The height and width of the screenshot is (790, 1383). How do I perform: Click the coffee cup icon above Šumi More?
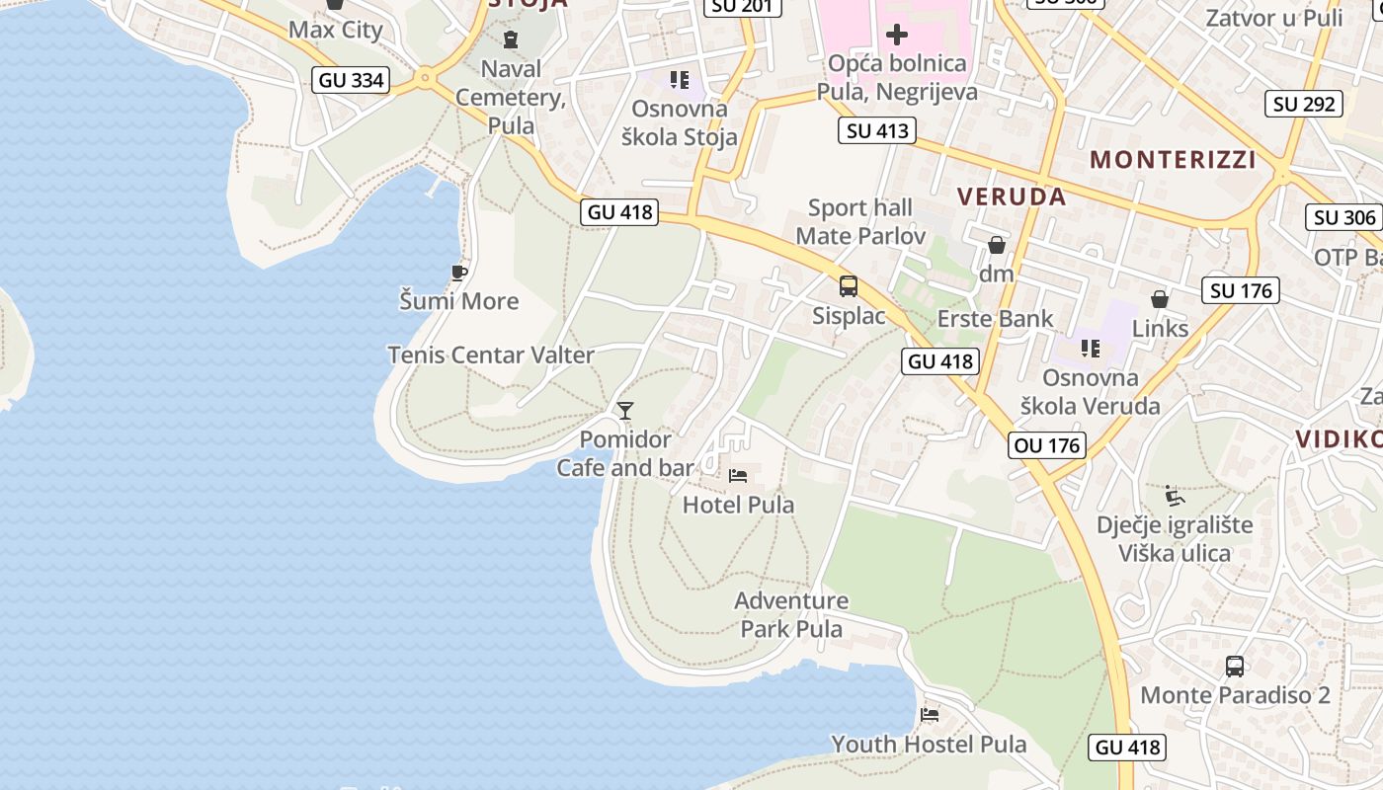458,272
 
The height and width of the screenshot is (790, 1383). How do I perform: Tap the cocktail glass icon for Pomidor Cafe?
624,410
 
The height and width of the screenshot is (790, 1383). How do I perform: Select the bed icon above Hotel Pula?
738,476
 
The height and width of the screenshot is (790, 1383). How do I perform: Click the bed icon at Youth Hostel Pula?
929,714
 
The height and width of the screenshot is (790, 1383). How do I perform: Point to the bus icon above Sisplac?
849,286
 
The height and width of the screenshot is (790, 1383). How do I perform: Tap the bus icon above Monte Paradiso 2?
1235,666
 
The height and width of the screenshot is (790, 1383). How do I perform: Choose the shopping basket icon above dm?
997,244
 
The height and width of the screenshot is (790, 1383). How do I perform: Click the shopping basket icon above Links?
1160,298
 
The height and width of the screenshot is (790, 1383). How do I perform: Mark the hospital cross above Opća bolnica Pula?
896,35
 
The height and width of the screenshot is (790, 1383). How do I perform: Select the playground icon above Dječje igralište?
1174,495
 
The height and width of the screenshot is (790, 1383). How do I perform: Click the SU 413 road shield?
877,130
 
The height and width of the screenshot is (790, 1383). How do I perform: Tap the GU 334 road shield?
352,80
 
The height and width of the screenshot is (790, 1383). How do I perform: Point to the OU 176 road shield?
1048,445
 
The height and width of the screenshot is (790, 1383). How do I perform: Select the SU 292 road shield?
1304,104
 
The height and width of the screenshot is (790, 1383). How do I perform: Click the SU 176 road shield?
1242,290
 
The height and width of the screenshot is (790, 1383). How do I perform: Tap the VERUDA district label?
1012,197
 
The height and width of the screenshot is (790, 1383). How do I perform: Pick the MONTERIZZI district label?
1173,159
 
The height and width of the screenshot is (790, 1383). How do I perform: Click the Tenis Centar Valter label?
491,355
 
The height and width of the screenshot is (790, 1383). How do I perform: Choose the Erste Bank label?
996,318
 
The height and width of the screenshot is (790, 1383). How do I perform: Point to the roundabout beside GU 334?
426,77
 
